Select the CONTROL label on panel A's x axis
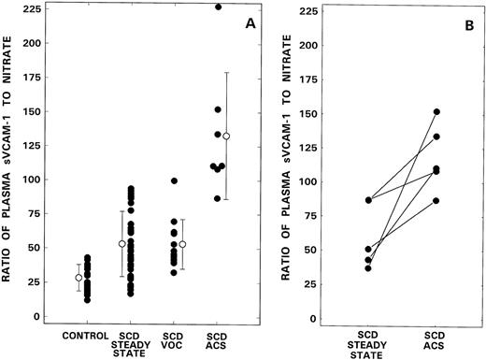(82, 336)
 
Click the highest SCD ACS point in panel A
(219, 7)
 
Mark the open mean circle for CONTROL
(79, 278)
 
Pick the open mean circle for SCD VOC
(183, 244)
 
